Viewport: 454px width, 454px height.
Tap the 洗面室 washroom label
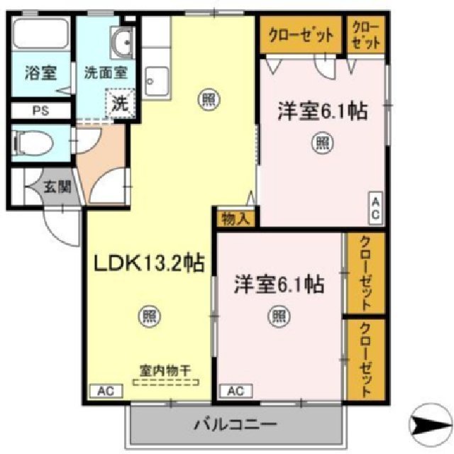(x=105, y=72)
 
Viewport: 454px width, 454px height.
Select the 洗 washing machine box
(x=120, y=101)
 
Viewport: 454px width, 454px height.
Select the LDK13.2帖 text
(x=150, y=264)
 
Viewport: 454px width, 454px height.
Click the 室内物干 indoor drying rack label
(x=168, y=370)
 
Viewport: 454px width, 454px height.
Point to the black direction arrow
(x=431, y=426)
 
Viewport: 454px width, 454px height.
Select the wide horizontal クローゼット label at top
(x=301, y=34)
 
